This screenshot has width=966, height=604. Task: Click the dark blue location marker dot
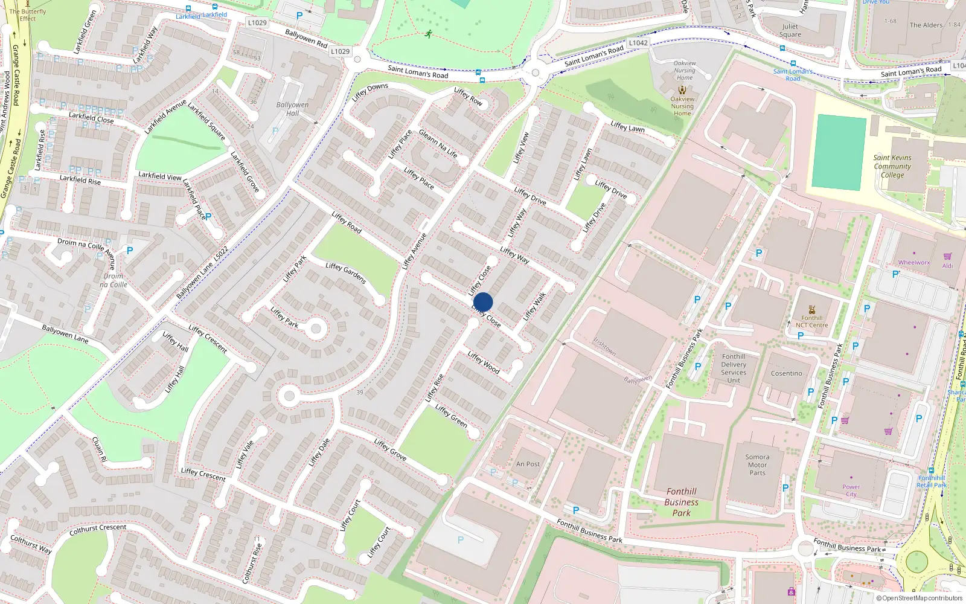click(x=483, y=302)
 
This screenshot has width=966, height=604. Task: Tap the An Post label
click(x=528, y=464)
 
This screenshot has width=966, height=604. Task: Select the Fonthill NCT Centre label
click(x=811, y=321)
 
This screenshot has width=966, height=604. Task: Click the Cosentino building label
click(x=786, y=373)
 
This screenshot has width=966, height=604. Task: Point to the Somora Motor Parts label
click(x=757, y=465)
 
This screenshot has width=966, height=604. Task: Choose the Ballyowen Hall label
click(x=292, y=109)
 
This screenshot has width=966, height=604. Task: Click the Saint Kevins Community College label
click(x=892, y=166)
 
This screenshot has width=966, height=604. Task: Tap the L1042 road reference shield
click(x=638, y=43)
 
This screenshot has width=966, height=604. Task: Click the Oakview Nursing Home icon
click(x=682, y=89)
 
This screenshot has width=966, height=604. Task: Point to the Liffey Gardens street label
click(x=346, y=273)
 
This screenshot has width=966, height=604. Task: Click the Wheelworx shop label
click(x=913, y=262)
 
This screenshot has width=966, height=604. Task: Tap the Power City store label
click(x=851, y=490)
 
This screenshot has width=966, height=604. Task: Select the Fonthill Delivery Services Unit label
click(x=734, y=368)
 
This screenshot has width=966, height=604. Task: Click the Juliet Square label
click(x=790, y=30)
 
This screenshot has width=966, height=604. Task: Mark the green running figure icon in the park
click(x=429, y=34)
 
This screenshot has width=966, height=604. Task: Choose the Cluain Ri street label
click(x=100, y=450)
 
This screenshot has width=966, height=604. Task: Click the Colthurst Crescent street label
click(x=98, y=530)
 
